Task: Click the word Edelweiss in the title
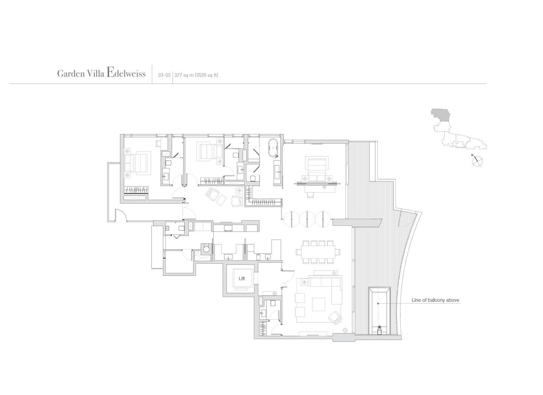[126, 73]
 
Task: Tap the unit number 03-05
[164, 75]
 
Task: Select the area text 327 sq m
[184, 75]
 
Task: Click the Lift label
[242, 279]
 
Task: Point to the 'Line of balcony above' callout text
[435, 300]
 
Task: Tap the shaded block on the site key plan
[440, 115]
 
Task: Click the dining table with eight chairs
[318, 252]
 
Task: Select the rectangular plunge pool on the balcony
[379, 311]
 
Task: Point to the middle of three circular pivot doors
[307, 219]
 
